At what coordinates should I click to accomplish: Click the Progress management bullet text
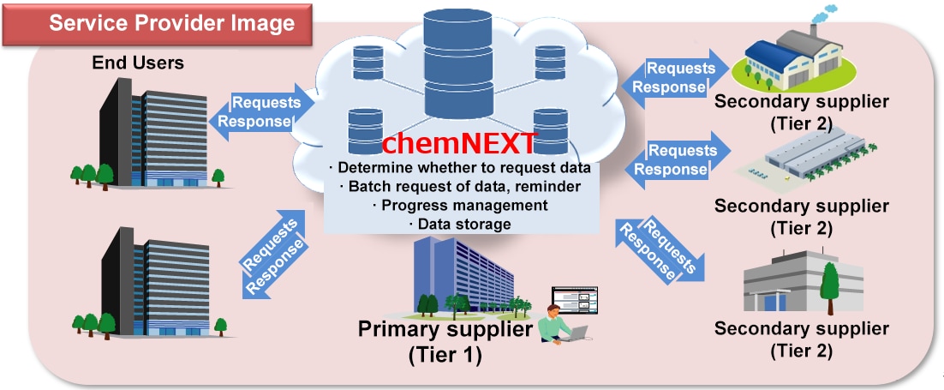(459, 205)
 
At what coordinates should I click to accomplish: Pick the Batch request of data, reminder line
(459, 185)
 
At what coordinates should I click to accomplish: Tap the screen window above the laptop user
(574, 300)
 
